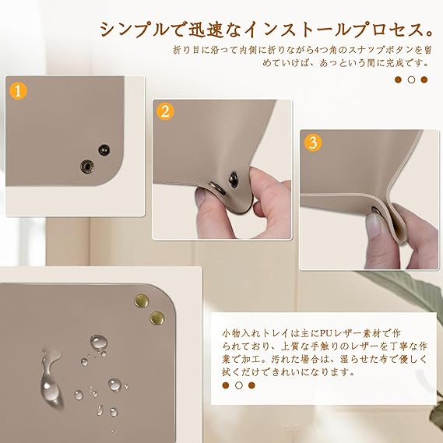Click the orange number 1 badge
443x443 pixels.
pyautogui.click(x=18, y=91)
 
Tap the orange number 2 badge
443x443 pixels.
pyautogui.click(x=165, y=111)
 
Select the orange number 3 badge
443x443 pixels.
pyautogui.click(x=313, y=142)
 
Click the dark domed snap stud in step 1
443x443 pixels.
pyautogui.click(x=104, y=149)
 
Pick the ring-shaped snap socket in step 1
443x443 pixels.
pyautogui.click(x=87, y=167)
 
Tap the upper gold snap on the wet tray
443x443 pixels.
pyautogui.click(x=142, y=301)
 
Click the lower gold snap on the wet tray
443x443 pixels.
pyautogui.click(x=157, y=318)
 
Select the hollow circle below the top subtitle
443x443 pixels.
pyautogui.click(x=411, y=79)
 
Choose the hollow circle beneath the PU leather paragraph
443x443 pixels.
pyautogui.click(x=239, y=385)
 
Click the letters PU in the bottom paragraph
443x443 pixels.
pyautogui.click(x=326, y=334)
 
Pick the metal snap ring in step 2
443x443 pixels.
pyautogui.click(x=217, y=188)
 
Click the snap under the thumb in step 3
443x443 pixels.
pyautogui.click(x=377, y=210)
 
